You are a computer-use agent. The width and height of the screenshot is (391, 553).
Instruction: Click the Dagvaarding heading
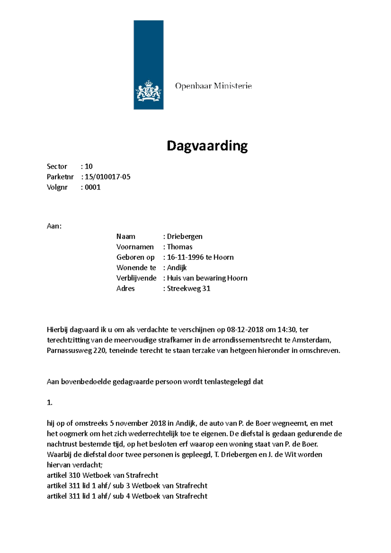click(x=207, y=146)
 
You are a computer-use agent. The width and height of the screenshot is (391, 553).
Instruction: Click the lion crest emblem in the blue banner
click(x=149, y=91)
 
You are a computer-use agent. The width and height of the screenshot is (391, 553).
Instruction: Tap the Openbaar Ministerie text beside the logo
click(x=213, y=86)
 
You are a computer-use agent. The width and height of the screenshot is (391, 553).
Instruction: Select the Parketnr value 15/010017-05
click(x=108, y=177)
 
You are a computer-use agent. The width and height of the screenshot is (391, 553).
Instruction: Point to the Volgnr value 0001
click(x=93, y=187)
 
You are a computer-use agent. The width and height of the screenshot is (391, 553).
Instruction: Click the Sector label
click(x=57, y=166)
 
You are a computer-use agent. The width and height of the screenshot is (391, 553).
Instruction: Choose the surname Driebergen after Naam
click(x=184, y=236)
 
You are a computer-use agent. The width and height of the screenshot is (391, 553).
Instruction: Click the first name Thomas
click(x=180, y=247)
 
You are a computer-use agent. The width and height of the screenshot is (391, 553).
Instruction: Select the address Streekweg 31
click(x=188, y=289)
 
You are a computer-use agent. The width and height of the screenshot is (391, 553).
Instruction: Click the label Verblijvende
click(x=136, y=278)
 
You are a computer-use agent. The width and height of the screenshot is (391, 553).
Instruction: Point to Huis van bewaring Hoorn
click(x=207, y=278)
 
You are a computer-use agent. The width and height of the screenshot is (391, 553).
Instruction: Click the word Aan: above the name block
click(x=54, y=226)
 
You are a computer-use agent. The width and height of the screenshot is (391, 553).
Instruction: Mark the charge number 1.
click(x=50, y=403)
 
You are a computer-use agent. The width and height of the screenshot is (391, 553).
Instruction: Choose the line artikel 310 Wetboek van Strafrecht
click(x=102, y=475)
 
